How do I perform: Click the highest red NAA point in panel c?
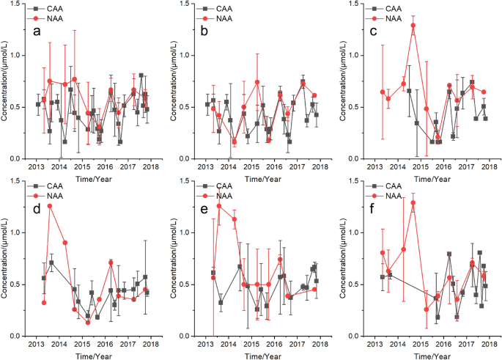point(413,26)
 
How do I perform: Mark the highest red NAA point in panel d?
point(50,206)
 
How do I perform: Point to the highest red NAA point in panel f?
point(413,203)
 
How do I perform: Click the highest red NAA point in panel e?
point(218,206)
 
